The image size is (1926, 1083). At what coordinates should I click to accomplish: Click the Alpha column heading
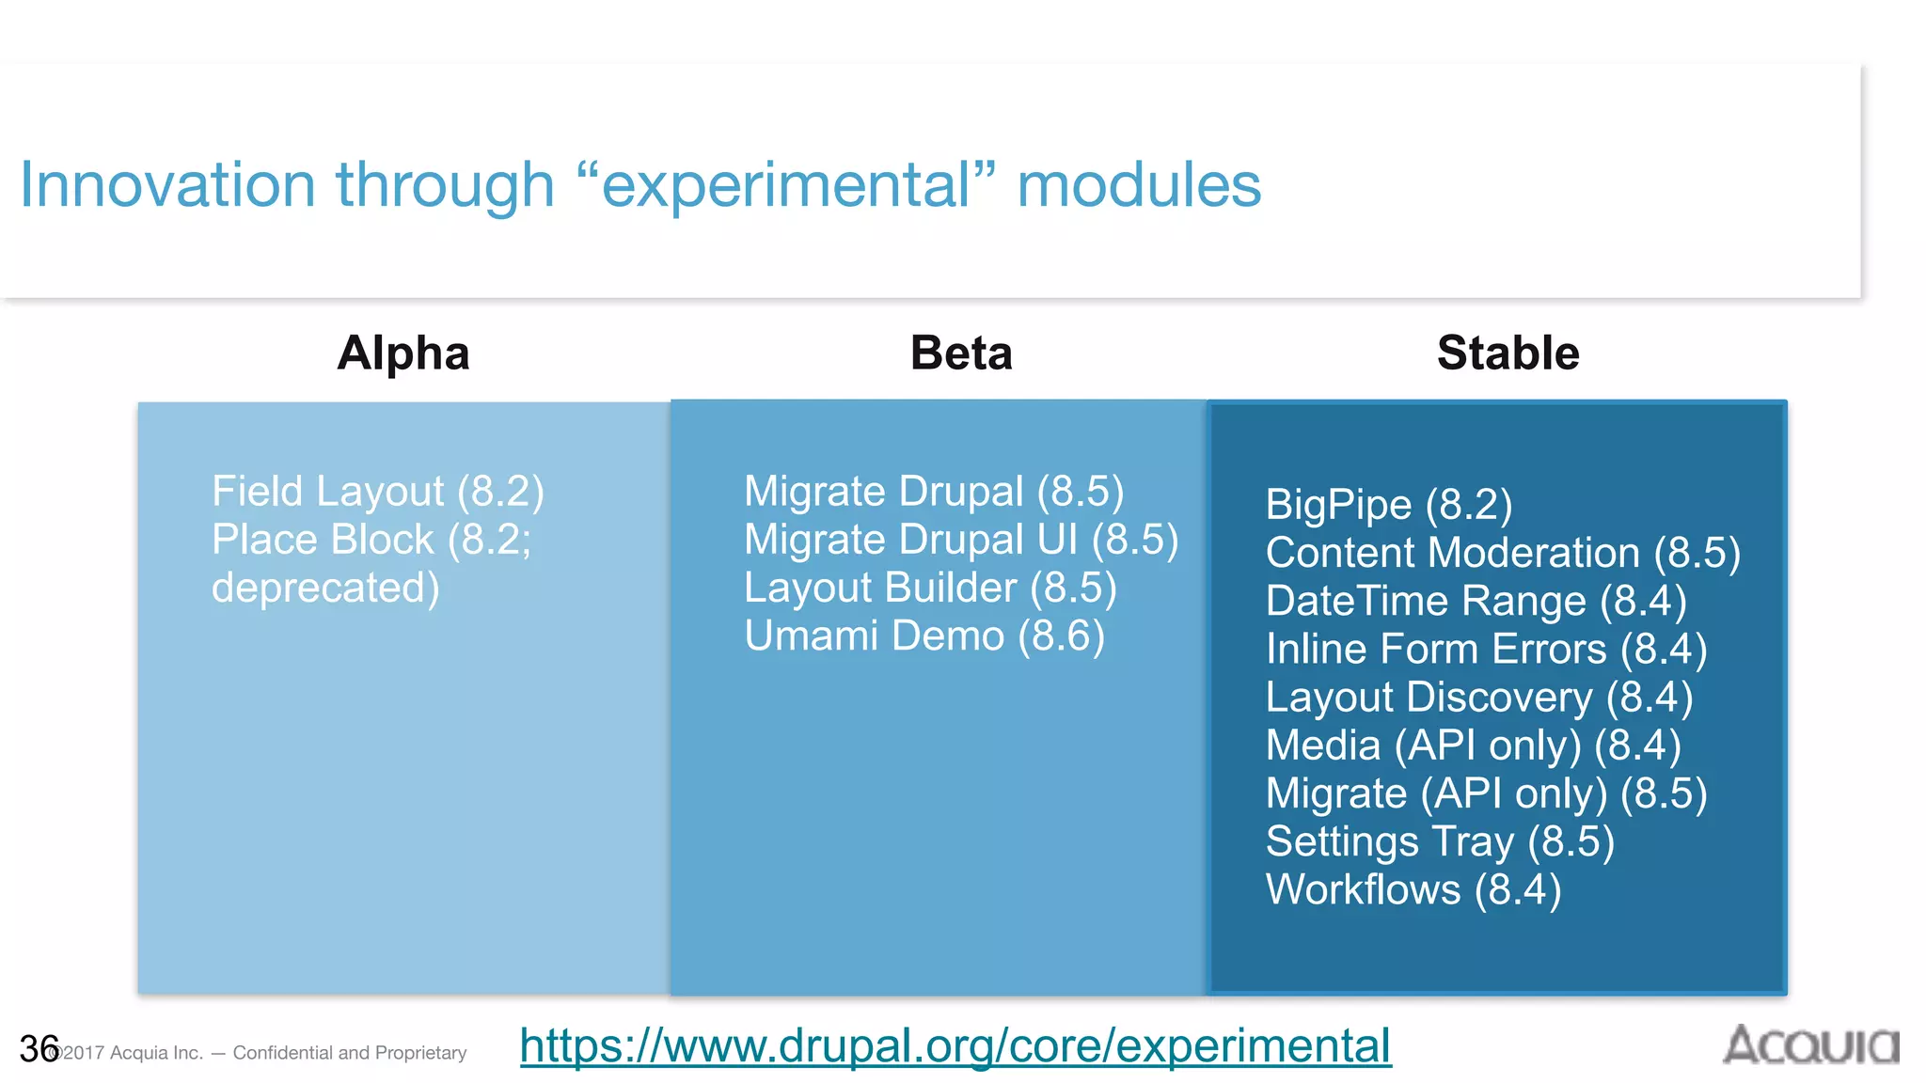point(403,353)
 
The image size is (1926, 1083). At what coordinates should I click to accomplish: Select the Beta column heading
point(961,353)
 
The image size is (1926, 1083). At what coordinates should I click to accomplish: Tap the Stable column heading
point(1508,353)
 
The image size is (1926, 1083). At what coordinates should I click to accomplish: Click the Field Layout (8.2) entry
point(377,492)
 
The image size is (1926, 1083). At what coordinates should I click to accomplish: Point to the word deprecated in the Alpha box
point(324,589)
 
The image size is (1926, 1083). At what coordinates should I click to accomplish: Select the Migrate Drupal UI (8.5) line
point(960,541)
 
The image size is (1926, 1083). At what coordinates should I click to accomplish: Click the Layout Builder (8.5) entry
point(929,589)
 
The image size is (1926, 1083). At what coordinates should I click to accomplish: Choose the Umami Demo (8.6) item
point(924,636)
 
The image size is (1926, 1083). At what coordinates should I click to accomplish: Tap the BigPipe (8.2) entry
point(1388,505)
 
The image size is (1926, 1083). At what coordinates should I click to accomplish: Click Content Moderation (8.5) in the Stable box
point(1502,553)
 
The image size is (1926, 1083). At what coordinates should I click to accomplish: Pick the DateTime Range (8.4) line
point(1476,602)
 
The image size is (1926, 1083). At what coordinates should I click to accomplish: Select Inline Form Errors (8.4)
point(1485,650)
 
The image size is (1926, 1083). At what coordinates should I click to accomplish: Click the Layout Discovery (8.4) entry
point(1478,698)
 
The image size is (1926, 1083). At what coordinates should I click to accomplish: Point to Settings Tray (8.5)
point(1439,841)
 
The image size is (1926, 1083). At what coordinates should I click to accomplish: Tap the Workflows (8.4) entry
point(1413,889)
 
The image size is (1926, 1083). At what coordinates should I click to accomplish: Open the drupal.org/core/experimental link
point(955,1045)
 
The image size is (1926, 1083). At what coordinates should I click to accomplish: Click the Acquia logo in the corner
point(1810,1045)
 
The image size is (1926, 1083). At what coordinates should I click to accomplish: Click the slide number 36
point(38,1048)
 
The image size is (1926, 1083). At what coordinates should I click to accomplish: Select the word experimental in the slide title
point(786,184)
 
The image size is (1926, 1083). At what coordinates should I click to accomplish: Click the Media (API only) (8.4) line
point(1472,746)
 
